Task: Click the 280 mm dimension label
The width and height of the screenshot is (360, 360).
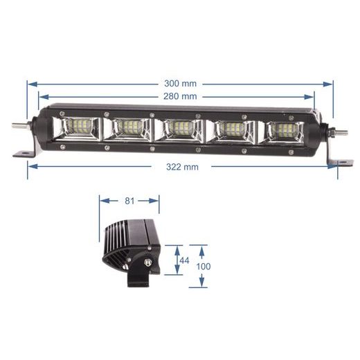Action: click(181, 96)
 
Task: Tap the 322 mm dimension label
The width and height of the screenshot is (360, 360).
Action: click(182, 167)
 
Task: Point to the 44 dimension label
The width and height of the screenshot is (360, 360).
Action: click(183, 260)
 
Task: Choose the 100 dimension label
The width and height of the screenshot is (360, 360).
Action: click(204, 266)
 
